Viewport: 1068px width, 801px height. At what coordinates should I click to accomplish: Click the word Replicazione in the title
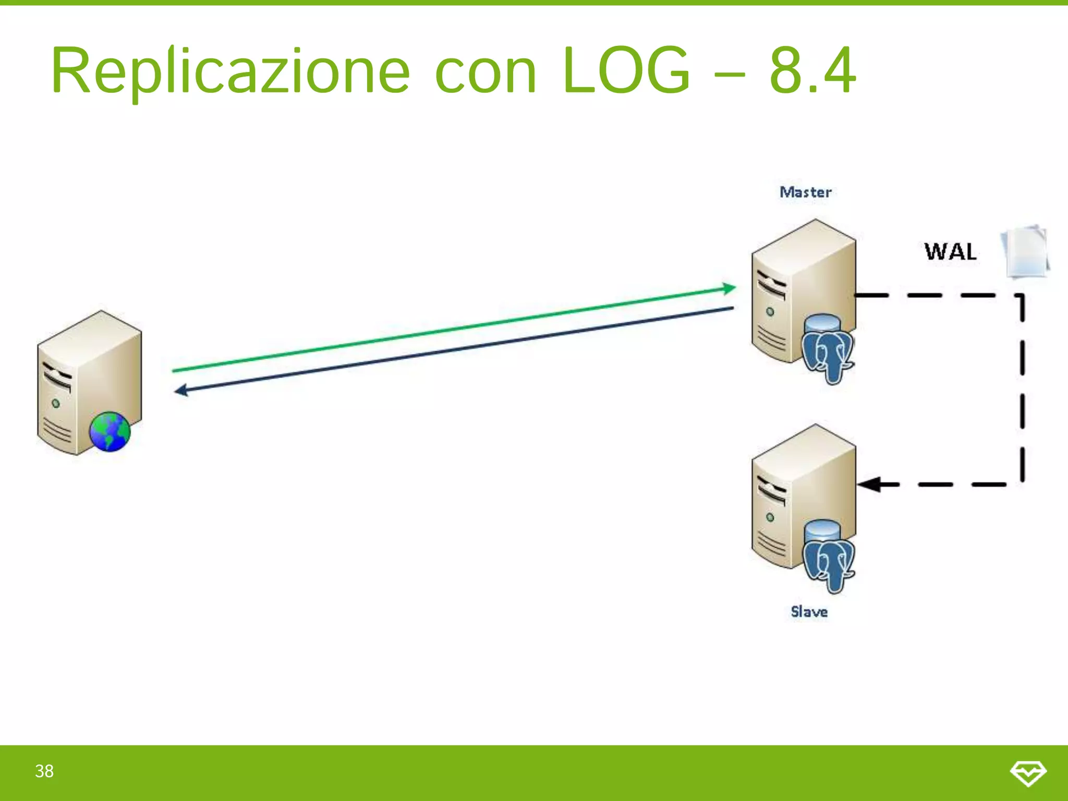click(230, 71)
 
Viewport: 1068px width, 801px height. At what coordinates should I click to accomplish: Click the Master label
click(805, 192)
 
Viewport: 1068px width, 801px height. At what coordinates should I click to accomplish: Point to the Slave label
click(809, 611)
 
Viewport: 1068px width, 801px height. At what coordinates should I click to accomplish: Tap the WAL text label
click(950, 252)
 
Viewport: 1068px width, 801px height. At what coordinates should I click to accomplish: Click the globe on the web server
click(110, 432)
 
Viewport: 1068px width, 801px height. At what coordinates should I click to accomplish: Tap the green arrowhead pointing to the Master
click(729, 288)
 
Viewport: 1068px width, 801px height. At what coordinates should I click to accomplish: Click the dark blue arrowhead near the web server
click(181, 390)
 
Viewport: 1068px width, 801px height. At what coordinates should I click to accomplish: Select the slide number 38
click(44, 771)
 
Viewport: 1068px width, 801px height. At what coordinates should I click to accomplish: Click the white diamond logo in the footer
click(1028, 773)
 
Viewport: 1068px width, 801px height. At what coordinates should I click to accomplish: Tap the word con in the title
click(485, 72)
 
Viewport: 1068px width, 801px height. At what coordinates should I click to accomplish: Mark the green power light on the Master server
click(770, 312)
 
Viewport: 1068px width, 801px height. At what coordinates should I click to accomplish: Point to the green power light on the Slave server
click(770, 517)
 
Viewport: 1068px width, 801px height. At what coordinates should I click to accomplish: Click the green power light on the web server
click(56, 403)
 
